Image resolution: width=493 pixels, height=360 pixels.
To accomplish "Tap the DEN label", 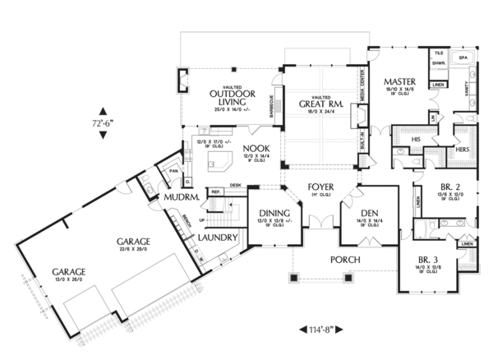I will tap(366, 212).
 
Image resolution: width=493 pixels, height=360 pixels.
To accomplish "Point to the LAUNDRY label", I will tap(219, 238).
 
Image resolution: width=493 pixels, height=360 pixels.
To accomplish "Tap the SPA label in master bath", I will tap(463, 58).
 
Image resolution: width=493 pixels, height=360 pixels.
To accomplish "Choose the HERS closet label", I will tap(462, 150).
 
